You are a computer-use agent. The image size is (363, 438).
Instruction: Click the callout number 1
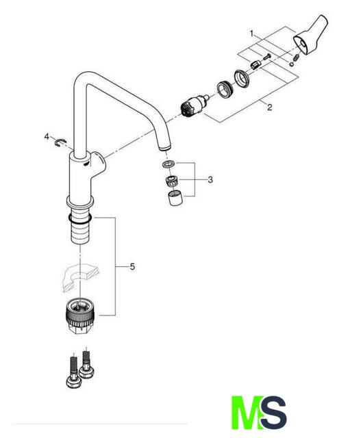point(251,34)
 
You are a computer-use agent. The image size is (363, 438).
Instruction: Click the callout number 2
point(269,107)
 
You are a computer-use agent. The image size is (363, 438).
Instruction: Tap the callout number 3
point(210,179)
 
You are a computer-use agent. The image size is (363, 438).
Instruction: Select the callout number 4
point(47,137)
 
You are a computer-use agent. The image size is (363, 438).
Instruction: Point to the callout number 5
point(132,267)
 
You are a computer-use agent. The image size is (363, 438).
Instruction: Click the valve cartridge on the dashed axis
point(195,105)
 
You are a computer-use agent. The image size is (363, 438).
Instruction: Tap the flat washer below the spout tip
point(168,164)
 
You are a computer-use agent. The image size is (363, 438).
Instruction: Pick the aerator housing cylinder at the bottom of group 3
point(175,198)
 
